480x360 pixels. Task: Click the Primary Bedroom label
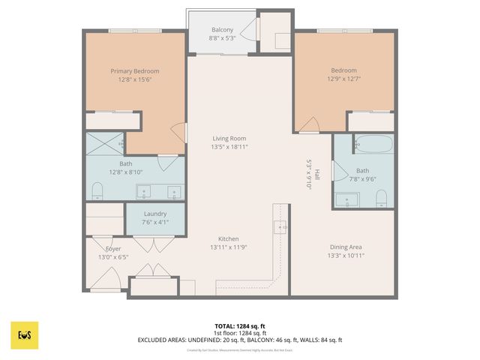point(135,71)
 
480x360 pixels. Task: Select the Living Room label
point(229,138)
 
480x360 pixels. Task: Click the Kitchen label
point(229,238)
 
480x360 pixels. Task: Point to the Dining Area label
point(346,247)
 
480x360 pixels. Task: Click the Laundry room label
point(154,214)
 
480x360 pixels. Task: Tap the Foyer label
point(113,248)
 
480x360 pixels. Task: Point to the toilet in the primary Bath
point(96,191)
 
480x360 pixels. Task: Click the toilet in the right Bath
point(381,198)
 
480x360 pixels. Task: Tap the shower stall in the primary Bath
point(104,142)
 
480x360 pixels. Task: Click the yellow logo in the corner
point(25,335)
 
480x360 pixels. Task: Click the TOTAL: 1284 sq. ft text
point(240,326)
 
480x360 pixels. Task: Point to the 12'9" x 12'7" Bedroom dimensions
point(346,79)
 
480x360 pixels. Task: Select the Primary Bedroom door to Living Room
point(178,132)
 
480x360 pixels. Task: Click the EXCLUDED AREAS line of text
point(240,340)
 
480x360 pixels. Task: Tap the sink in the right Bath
point(348,199)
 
